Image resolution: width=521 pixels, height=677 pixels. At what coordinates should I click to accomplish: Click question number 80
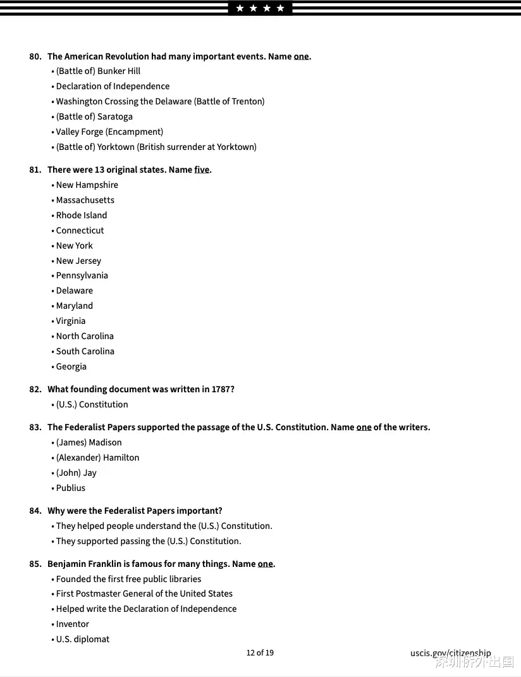(x=35, y=56)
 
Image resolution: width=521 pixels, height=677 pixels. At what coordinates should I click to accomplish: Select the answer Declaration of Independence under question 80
(x=113, y=86)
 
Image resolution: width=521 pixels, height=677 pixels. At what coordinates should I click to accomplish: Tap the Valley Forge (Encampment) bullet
(x=109, y=132)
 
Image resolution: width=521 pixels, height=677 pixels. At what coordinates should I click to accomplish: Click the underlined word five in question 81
(x=202, y=170)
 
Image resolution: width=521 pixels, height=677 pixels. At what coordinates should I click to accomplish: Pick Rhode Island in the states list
(x=82, y=215)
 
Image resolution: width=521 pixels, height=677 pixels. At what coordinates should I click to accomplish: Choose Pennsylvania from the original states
(x=82, y=275)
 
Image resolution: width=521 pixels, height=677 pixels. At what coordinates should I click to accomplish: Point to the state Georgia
(x=71, y=366)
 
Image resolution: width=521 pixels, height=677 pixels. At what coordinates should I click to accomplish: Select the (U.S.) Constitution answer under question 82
(x=92, y=404)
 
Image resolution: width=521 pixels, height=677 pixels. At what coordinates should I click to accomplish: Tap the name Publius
(x=71, y=488)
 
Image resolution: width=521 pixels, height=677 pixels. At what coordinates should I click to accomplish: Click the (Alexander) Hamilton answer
(x=97, y=457)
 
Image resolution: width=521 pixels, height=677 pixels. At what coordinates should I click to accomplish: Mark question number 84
(x=35, y=511)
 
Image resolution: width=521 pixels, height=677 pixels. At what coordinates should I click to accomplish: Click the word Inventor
(x=73, y=624)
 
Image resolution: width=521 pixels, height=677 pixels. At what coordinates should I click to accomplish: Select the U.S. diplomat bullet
(x=83, y=639)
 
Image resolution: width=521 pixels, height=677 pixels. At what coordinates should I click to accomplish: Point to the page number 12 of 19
(x=260, y=652)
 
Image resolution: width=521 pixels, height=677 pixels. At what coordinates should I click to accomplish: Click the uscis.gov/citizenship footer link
(x=450, y=653)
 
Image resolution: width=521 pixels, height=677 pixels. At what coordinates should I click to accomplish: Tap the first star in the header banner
(x=240, y=8)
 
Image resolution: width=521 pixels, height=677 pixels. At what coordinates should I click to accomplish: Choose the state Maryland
(x=75, y=306)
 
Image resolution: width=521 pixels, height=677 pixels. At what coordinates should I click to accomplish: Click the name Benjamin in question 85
(x=68, y=564)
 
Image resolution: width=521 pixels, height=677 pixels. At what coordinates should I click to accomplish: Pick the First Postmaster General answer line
(x=144, y=593)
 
